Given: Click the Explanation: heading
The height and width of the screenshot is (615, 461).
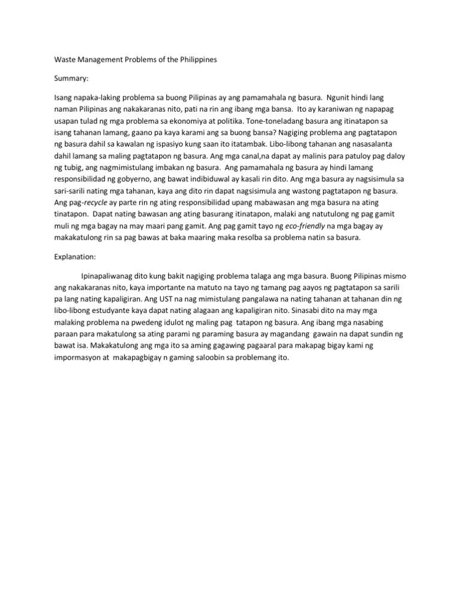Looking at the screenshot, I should coord(75,256).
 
